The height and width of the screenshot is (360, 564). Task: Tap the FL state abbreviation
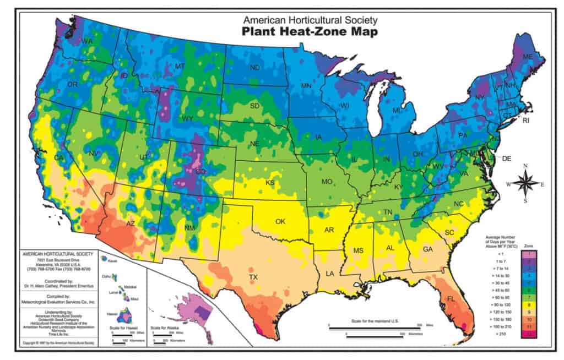coord(449,301)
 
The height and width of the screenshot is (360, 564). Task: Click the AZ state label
coord(131,224)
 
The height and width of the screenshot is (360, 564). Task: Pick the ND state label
coord(255,68)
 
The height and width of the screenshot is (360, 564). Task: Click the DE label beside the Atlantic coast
coord(507,159)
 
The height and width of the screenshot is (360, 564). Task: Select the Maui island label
coord(134,299)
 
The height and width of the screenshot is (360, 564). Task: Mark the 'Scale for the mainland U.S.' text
coord(375,320)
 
